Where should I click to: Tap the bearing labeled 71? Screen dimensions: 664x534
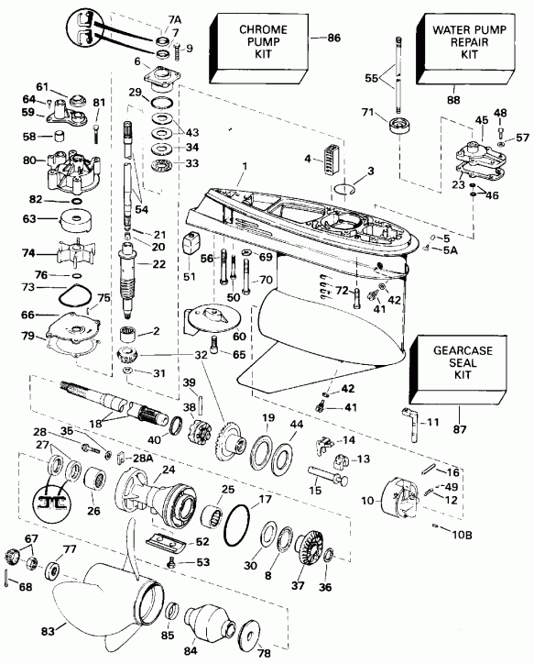tap(400, 127)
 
